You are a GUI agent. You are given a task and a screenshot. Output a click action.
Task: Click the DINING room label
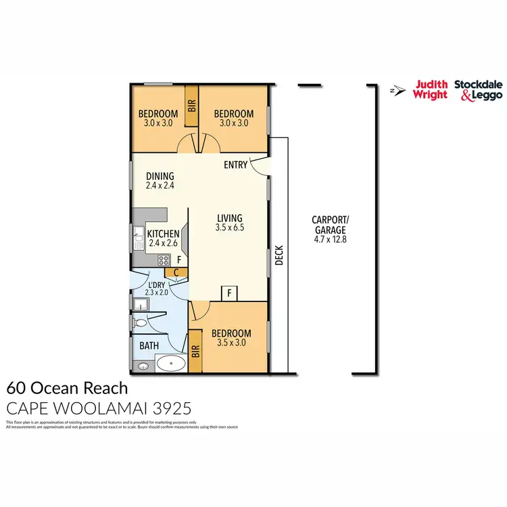[160, 176]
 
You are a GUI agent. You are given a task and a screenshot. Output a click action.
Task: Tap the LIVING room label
[230, 218]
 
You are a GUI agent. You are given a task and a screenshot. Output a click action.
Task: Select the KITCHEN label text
[164, 234]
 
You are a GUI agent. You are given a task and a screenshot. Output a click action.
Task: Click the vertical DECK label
[279, 256]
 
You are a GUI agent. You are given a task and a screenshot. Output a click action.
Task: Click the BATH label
[149, 345]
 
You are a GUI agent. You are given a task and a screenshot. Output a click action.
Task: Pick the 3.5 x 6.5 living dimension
[230, 228]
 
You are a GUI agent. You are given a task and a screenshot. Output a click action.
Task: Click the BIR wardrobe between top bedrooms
[191, 105]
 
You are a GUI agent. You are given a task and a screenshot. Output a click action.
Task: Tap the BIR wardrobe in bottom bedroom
[195, 350]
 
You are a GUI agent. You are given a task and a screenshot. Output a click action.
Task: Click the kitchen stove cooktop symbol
[163, 260]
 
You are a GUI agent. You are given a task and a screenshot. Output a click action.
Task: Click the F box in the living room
[230, 293]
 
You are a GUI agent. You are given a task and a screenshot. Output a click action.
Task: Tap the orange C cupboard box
[176, 272]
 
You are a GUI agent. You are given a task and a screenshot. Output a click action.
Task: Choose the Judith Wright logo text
[431, 89]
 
